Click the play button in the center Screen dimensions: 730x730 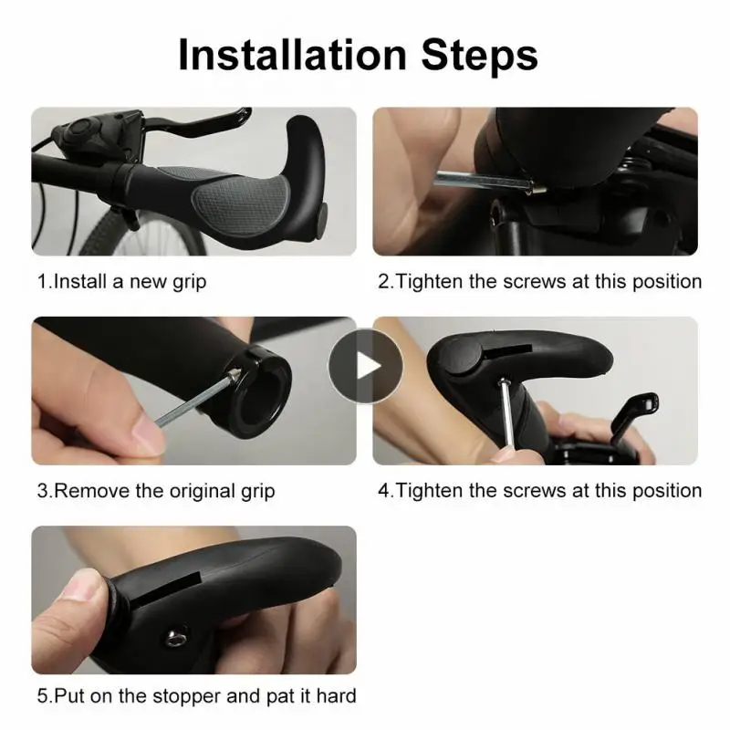click(x=365, y=366)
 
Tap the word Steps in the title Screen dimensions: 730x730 click(x=482, y=56)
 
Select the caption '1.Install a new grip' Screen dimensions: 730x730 click(x=121, y=281)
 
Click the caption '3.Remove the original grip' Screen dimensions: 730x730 click(x=156, y=491)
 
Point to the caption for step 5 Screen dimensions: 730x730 click(x=196, y=696)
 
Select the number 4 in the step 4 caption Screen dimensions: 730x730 click(x=384, y=491)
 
